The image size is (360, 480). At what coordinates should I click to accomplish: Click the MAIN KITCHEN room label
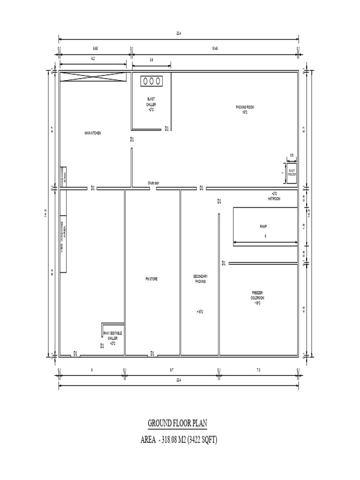point(92,133)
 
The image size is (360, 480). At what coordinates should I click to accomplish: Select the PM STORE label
point(151,279)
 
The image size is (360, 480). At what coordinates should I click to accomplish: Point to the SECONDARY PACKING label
point(200,279)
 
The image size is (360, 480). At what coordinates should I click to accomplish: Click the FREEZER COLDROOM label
point(257,297)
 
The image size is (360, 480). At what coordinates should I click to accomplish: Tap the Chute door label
point(153,183)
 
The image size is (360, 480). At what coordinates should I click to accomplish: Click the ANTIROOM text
point(273,197)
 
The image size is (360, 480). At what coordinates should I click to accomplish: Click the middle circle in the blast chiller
point(151,81)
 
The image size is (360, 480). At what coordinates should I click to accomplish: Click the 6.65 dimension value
point(95,48)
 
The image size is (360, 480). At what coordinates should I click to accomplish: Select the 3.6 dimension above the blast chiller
point(151,60)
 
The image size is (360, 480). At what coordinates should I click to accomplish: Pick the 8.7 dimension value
point(172,370)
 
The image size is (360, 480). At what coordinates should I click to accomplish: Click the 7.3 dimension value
point(258,370)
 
